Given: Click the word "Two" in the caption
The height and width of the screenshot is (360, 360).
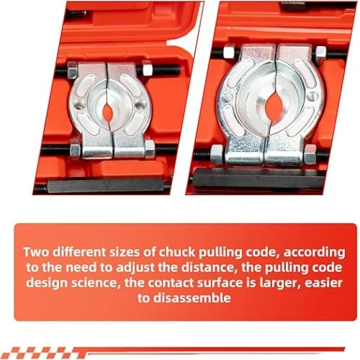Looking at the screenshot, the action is [37, 252].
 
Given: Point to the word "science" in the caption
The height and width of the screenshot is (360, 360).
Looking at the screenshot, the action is [95, 283].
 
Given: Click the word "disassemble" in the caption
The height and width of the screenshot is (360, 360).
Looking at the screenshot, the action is [192, 298].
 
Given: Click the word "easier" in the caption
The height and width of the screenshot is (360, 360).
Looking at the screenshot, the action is [323, 283].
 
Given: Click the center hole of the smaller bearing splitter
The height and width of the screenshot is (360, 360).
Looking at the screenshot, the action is [107, 112].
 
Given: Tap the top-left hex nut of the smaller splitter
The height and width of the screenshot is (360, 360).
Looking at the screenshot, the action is [72, 70].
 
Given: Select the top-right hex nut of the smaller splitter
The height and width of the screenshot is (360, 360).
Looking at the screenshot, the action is [147, 68].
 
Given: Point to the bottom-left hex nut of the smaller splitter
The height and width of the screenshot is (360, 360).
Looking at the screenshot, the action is [74, 148].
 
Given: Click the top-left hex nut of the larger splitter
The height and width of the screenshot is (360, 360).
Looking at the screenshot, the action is [229, 52].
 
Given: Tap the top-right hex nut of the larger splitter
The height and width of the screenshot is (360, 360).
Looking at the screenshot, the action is [320, 53].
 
